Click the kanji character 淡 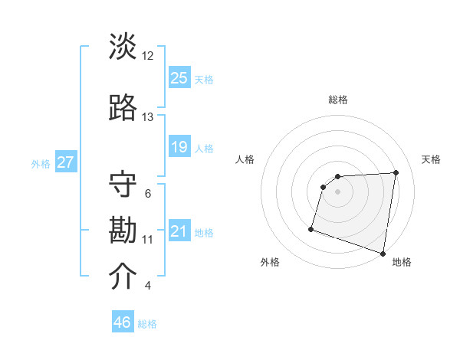[x=123, y=47]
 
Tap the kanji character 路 [x=123, y=108]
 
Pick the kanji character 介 [x=123, y=277]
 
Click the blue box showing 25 [x=179, y=78]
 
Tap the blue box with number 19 [x=179, y=147]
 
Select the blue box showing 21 [x=179, y=231]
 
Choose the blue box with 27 [x=65, y=162]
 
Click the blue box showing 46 [x=123, y=322]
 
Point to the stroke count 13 [x=147, y=117]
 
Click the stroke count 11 [x=147, y=240]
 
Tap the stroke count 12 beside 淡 [x=147, y=56]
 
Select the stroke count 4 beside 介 [x=147, y=286]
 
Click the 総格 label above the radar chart [x=337, y=100]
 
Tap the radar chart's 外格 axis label [x=270, y=262]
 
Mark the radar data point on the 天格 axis [x=396, y=172]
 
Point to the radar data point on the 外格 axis [x=311, y=228]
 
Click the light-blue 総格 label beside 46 [x=147, y=324]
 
